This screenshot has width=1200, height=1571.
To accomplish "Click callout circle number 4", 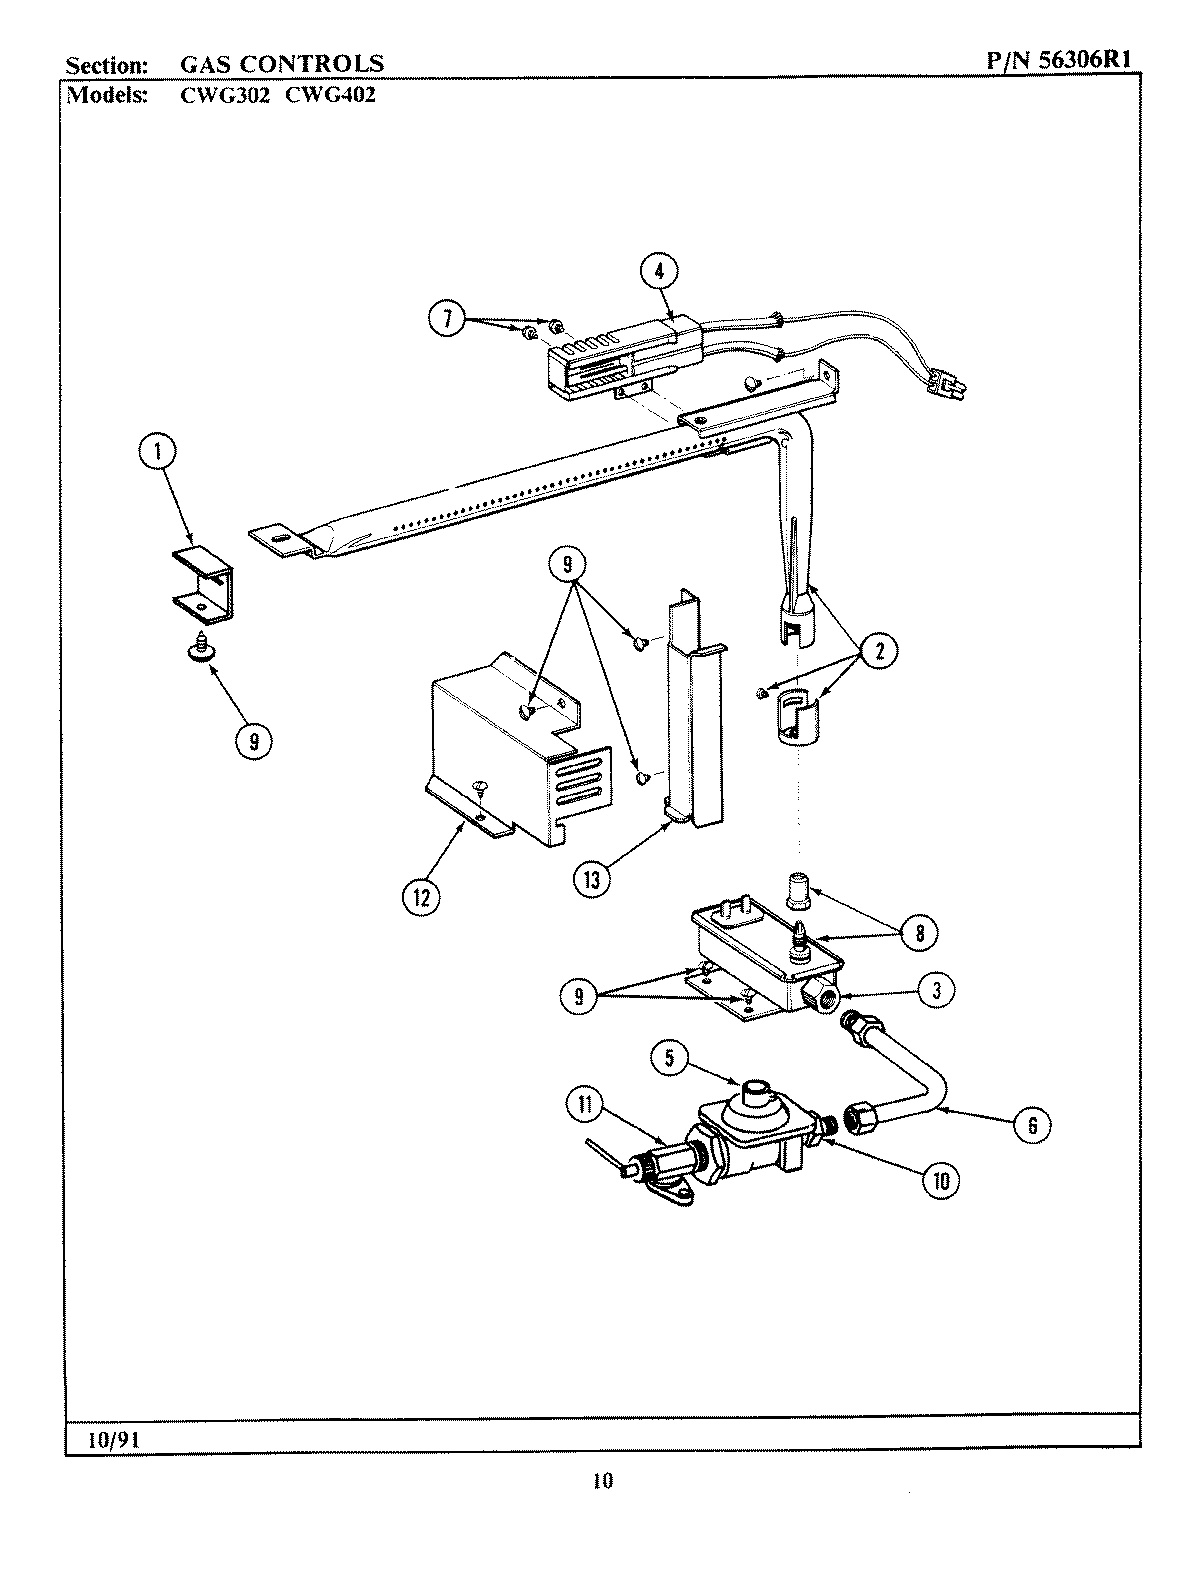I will (x=659, y=271).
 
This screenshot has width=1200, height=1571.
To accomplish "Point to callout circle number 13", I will (x=593, y=881).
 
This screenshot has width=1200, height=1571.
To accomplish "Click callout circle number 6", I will (x=1032, y=1125).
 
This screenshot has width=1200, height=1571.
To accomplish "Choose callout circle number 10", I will (x=940, y=1180).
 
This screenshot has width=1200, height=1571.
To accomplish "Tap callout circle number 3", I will (x=936, y=991).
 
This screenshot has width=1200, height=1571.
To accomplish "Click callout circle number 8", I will (x=919, y=934).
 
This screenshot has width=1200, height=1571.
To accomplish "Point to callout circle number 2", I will (x=878, y=654).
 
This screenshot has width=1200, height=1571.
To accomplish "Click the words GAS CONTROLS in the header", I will (x=281, y=64).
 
